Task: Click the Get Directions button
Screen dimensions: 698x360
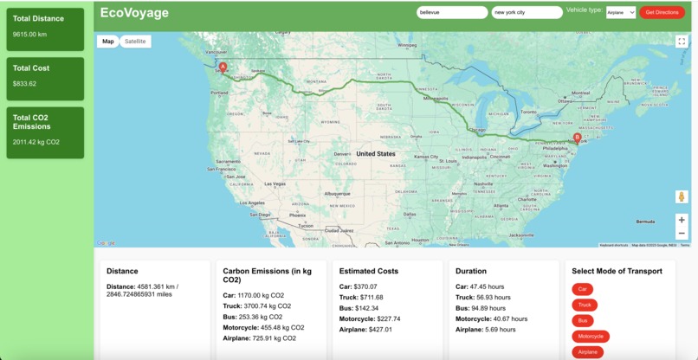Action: pos(662,12)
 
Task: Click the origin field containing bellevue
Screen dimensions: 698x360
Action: pos(452,12)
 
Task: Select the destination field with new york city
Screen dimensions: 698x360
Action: pos(527,12)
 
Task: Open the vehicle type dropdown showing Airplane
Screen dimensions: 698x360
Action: pos(620,12)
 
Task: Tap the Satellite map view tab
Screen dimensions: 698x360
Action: pos(135,42)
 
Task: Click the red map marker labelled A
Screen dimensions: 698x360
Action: pos(223,67)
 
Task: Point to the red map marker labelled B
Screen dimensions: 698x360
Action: pos(578,138)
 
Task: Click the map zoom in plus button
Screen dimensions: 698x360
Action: pos(682,220)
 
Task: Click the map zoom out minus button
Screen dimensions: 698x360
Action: pos(682,234)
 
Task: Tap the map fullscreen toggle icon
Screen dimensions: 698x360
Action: pos(682,42)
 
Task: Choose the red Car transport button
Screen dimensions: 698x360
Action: pos(583,289)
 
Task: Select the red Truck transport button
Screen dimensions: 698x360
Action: pos(585,305)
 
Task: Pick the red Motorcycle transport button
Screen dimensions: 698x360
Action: pos(591,336)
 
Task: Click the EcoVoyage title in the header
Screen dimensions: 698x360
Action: pos(134,13)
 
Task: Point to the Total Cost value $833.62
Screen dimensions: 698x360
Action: pos(25,84)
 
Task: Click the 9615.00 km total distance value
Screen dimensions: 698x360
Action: pos(29,35)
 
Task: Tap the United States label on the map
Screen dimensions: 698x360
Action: pos(375,154)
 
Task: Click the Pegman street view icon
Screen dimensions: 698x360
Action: pos(682,197)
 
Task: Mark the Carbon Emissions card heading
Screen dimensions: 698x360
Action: pos(268,271)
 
